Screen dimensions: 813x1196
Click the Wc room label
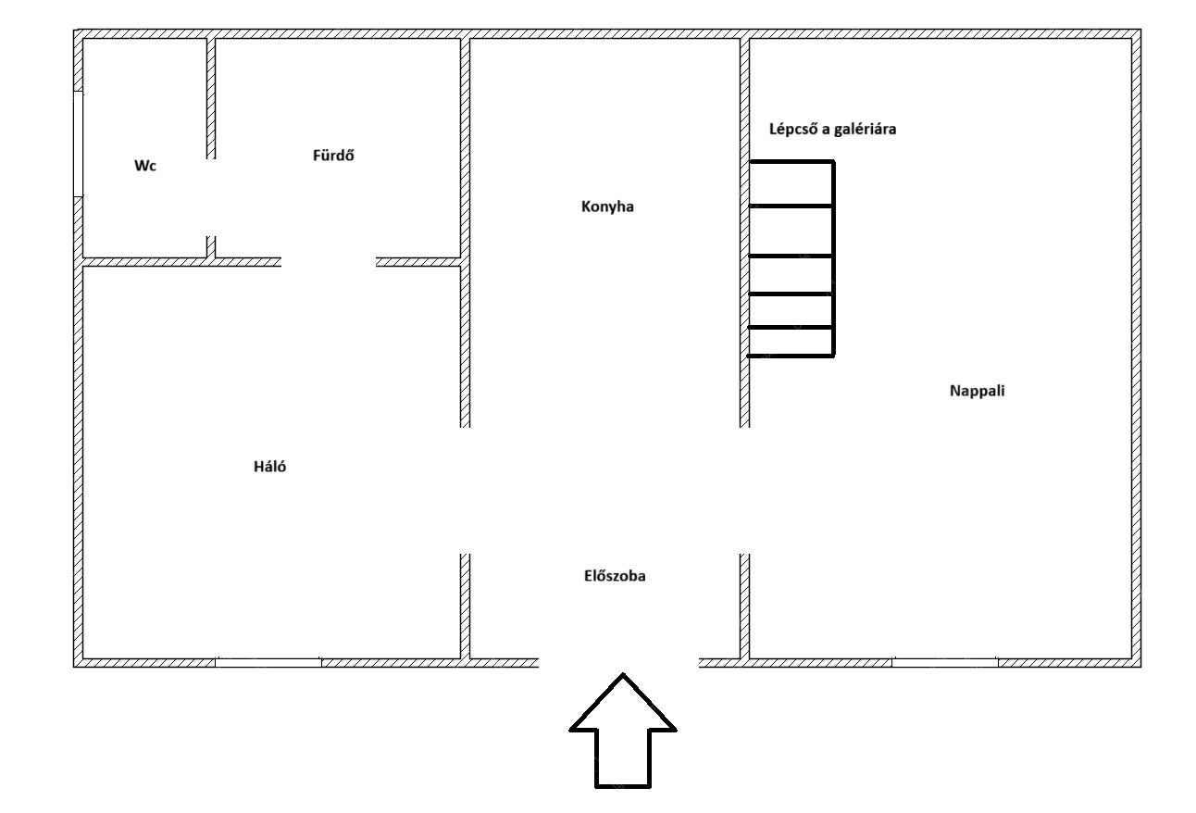point(145,167)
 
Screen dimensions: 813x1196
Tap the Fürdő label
point(333,156)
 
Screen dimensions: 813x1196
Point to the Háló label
point(269,467)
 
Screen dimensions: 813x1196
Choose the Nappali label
point(977,391)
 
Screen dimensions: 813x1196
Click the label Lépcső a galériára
point(832,130)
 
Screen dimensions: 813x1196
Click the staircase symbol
point(791,259)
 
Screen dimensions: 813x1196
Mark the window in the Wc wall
point(80,144)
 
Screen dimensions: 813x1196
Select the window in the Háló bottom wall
point(268,662)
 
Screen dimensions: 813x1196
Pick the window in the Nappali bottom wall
point(944,662)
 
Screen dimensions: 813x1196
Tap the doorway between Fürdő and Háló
point(329,262)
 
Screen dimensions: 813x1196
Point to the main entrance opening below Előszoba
point(617,662)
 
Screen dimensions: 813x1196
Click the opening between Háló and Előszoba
point(466,491)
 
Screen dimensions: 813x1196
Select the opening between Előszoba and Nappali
point(744,491)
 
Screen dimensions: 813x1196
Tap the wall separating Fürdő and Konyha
point(466,148)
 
